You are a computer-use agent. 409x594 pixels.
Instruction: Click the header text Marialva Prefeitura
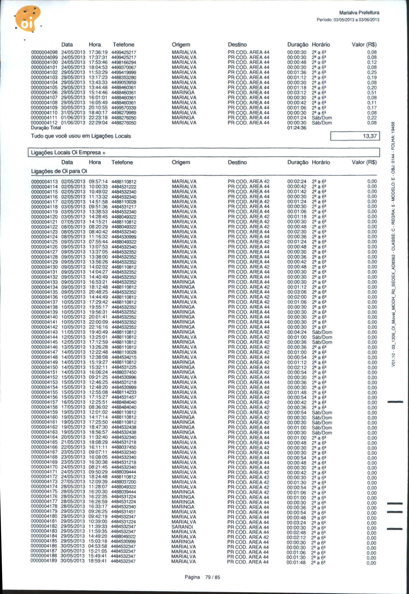tap(359, 13)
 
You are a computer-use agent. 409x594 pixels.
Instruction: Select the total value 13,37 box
tap(355, 136)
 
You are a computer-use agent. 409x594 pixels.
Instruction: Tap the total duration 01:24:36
tap(297, 128)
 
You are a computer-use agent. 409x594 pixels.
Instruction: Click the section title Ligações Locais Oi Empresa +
tap(68, 153)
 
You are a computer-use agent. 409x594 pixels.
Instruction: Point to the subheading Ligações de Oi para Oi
tap(59, 171)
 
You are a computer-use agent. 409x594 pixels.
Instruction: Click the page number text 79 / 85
tap(212, 577)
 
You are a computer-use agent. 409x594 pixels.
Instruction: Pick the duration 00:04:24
tap(297, 332)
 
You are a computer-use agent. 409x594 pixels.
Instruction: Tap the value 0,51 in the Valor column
tap(372, 93)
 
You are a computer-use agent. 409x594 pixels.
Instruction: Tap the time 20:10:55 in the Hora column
tap(98, 108)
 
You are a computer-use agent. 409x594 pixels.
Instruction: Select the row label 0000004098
tap(44, 53)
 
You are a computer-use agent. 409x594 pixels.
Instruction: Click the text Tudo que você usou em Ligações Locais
tap(81, 136)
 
